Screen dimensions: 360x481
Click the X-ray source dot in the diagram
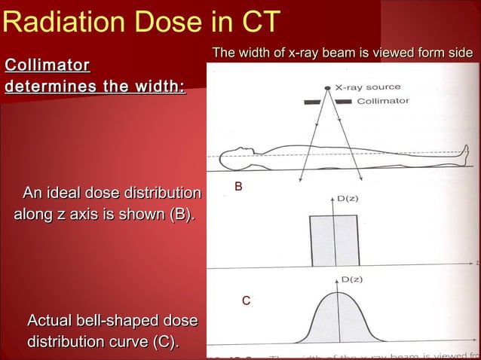tap(327, 87)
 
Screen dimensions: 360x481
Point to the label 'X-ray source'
tap(368, 87)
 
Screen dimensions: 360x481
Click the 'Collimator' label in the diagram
tap(382, 101)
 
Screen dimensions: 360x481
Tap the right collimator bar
tap(345, 102)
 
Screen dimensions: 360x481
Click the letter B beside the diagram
tap(237, 186)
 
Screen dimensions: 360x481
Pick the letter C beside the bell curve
tap(246, 301)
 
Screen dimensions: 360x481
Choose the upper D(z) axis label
tap(348, 198)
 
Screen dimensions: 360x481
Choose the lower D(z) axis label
tap(351, 280)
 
